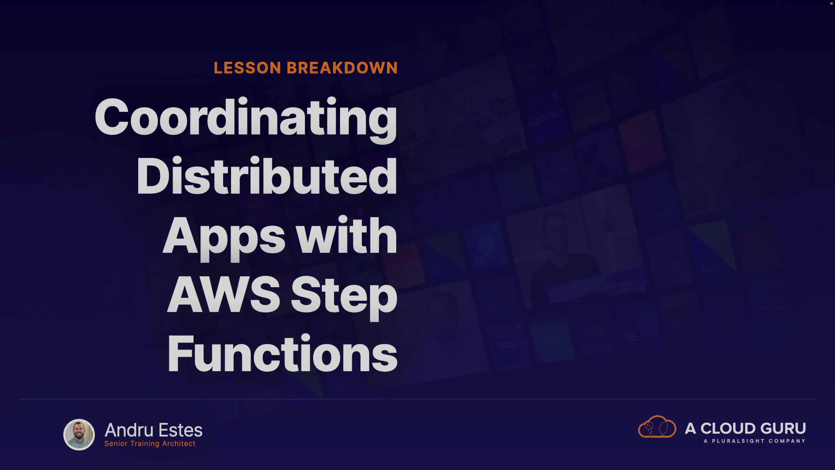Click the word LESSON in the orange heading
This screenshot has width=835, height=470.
pyautogui.click(x=247, y=68)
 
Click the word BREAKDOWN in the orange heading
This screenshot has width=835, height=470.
pyautogui.click(x=342, y=68)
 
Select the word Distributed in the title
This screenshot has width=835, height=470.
pyautogui.click(x=267, y=176)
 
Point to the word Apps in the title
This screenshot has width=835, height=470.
pyautogui.click(x=224, y=237)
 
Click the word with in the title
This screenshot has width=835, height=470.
pyautogui.click(x=347, y=235)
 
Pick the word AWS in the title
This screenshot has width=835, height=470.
pyautogui.click(x=224, y=295)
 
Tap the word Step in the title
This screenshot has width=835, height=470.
pyautogui.click(x=344, y=297)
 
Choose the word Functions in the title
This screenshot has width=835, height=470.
pyautogui.click(x=282, y=353)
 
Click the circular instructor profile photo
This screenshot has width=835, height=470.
pyautogui.click(x=79, y=434)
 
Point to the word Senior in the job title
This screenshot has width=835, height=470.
pyautogui.click(x=116, y=443)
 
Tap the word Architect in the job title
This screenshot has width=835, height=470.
pyautogui.click(x=179, y=443)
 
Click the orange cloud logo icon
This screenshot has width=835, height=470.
pyautogui.click(x=657, y=426)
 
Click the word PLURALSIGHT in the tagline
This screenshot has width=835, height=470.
pyautogui.click(x=738, y=441)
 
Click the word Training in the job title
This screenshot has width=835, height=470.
pyautogui.click(x=145, y=443)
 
